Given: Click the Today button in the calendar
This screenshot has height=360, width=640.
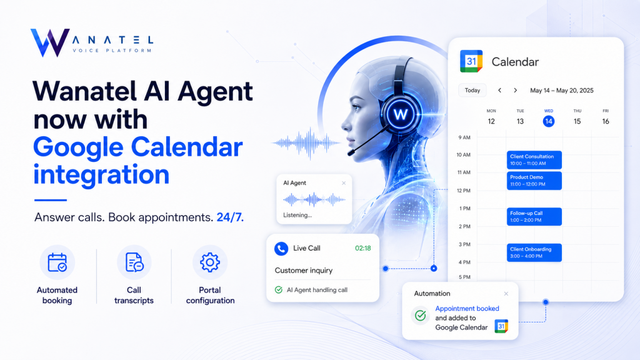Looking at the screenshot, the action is tap(472, 90).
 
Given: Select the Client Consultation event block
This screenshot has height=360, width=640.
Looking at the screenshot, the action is tap(534, 160).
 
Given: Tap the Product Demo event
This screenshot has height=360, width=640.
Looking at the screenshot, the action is tap(534, 181).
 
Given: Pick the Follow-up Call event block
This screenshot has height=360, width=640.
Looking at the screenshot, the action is tap(534, 217).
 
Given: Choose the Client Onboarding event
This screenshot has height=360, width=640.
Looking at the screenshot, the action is tap(534, 252).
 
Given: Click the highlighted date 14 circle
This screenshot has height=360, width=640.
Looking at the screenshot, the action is tap(549, 121).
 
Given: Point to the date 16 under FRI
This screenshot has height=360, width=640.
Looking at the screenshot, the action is tap(606, 121).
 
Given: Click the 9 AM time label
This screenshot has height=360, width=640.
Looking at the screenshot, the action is tap(464, 137).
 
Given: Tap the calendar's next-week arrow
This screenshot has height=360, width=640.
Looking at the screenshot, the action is tap(516, 90).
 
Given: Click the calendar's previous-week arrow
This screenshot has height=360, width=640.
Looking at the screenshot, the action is tap(499, 90).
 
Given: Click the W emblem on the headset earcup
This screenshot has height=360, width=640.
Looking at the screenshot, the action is tap(400, 114).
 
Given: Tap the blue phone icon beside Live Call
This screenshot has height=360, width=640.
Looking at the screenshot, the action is tap(281, 249).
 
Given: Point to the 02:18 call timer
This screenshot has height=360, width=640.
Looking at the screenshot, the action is tap(363, 248).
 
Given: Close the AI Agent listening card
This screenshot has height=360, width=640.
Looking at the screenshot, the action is tap(344, 183).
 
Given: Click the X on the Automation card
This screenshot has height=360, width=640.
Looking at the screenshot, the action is tap(506, 294).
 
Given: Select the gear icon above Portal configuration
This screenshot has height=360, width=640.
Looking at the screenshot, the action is tap(210, 262).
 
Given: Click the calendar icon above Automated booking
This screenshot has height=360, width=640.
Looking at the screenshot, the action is tap(57, 262).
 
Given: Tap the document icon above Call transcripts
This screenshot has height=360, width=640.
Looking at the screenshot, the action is tap(134, 262).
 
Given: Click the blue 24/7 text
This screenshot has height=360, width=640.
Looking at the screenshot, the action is tap(230, 217).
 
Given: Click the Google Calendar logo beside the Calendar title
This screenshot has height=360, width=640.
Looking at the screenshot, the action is tap(471, 61).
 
